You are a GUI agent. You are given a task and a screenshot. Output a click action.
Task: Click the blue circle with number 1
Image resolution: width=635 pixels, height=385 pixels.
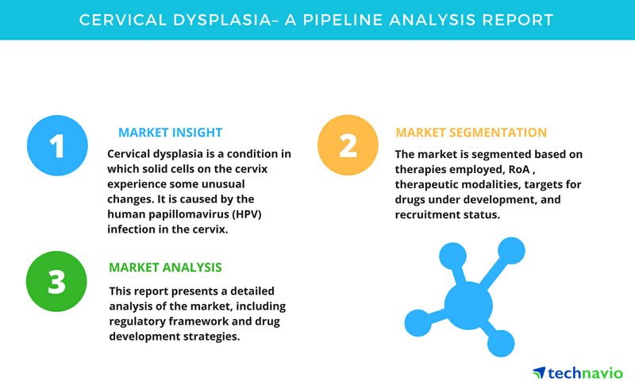point(57,145)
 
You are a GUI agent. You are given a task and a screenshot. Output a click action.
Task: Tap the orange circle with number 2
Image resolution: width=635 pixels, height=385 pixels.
point(348,145)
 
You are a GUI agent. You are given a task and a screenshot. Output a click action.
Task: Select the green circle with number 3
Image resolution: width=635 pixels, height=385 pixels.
point(56,281)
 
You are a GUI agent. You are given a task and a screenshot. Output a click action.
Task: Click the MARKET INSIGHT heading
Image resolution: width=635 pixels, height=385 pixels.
point(170,133)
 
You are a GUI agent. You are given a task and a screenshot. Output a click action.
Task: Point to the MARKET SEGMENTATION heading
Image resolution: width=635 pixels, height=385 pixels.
point(471,133)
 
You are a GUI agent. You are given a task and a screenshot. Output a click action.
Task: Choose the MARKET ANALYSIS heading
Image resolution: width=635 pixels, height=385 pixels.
point(165,268)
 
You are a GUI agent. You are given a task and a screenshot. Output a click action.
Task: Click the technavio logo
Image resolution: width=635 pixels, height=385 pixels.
point(578,372)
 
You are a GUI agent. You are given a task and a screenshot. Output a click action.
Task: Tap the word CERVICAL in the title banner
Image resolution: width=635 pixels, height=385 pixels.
point(123,20)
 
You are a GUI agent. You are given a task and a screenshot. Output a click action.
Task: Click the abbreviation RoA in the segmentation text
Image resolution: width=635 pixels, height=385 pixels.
point(519,169)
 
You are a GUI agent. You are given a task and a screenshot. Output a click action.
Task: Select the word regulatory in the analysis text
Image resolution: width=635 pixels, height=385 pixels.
point(137,321)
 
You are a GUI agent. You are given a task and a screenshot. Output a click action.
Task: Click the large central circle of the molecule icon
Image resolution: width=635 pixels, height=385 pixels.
point(468,306)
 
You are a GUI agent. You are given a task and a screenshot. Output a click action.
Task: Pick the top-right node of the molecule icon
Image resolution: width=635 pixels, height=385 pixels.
point(511,251)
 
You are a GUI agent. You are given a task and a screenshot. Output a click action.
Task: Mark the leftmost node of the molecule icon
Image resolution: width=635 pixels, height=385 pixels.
point(418,323)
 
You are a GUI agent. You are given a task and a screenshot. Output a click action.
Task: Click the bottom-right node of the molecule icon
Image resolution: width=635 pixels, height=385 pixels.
point(501,344)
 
